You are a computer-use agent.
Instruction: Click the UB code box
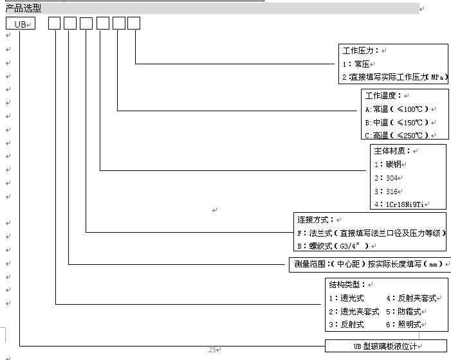[x=21, y=23]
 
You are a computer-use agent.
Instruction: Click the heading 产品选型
[x=23, y=8]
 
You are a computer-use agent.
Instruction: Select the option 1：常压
[x=356, y=64]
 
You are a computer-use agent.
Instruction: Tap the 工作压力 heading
[x=361, y=51]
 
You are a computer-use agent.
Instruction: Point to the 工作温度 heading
[x=383, y=95]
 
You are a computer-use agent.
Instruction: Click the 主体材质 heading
[x=392, y=151]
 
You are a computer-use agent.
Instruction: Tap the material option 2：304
[x=386, y=178]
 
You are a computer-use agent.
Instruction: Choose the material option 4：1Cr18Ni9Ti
[x=399, y=204]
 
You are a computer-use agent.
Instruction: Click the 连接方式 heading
[x=315, y=220]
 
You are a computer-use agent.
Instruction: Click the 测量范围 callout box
[x=370, y=264]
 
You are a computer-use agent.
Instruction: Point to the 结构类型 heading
[x=347, y=285]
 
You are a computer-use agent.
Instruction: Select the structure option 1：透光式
[x=346, y=298]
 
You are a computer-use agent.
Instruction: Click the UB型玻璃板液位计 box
[x=386, y=346]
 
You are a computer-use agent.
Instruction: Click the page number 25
[x=212, y=350]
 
